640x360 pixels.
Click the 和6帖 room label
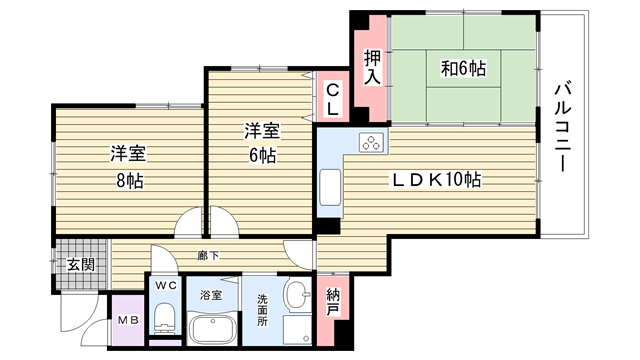tap(463, 68)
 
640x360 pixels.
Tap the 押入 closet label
tap(372, 67)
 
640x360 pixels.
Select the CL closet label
tap(333, 99)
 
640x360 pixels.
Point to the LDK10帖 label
tap(436, 180)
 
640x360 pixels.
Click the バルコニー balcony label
tap(562, 127)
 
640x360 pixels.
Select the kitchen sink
tap(330, 187)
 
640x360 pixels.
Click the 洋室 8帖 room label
tap(129, 167)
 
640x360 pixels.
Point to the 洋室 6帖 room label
tap(262, 143)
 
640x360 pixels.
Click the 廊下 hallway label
tap(208, 256)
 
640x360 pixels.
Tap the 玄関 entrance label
tap(81, 265)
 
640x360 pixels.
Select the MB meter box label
tap(129, 320)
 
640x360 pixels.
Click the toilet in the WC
tap(165, 317)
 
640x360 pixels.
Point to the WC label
tap(166, 285)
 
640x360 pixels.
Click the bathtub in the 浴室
tap(212, 329)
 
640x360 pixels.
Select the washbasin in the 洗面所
tap(298, 294)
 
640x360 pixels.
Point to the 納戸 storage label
tap(333, 302)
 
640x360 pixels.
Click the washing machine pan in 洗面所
tap(297, 329)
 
